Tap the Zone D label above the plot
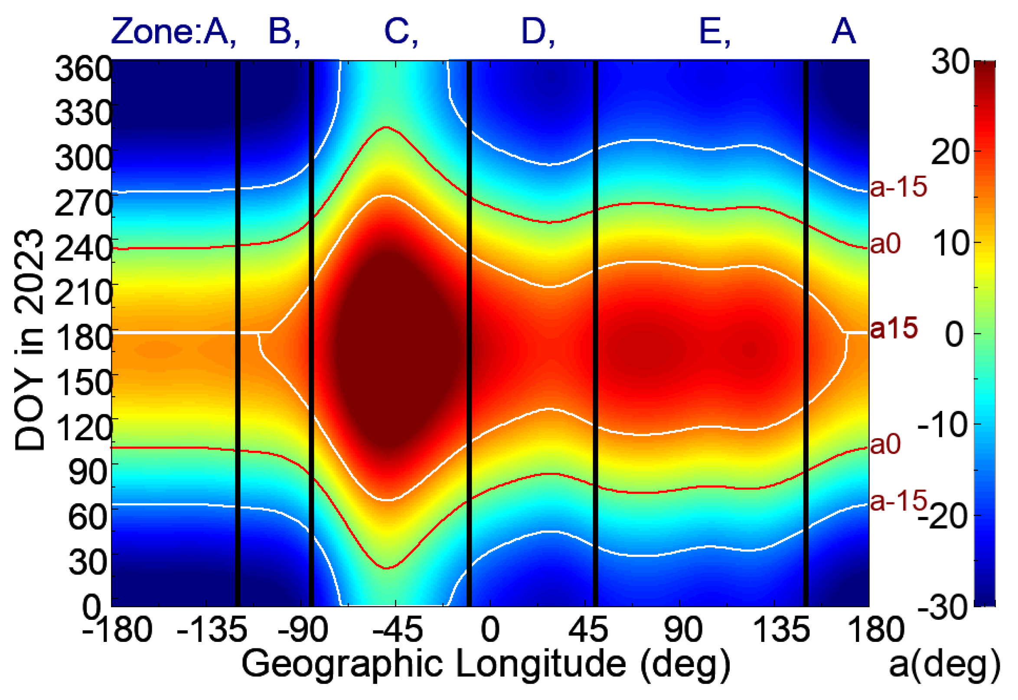tap(537, 32)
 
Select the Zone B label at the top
tap(283, 32)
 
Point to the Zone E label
tap(714, 32)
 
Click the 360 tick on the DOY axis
tap(83, 69)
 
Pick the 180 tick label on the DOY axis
tap(83, 338)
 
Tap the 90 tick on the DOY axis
tap(88, 472)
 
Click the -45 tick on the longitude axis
tap(397, 629)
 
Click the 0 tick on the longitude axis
tap(490, 629)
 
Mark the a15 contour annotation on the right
tap(894, 328)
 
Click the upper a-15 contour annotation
tap(898, 186)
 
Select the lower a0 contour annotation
tap(885, 444)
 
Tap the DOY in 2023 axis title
tap(29, 340)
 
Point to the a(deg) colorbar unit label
tap(944, 665)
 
